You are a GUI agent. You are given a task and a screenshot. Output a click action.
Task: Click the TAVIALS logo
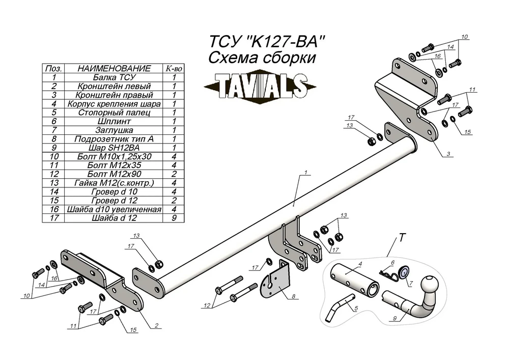point(260,87)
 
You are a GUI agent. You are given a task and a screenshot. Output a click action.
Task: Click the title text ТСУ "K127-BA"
point(267,42)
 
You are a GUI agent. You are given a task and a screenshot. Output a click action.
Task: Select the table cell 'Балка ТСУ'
point(114,77)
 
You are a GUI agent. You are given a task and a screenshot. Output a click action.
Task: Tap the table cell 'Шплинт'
point(114,121)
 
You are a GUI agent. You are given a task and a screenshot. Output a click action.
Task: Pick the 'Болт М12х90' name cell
point(114,174)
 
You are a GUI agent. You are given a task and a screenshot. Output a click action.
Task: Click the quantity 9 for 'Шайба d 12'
point(174,218)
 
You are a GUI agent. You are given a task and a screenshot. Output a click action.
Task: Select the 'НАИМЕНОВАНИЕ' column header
point(114,69)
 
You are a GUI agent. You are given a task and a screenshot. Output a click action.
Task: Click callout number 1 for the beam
point(306,173)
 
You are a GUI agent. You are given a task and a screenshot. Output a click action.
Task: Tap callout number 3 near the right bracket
point(448,154)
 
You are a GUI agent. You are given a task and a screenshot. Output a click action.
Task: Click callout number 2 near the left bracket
point(156,325)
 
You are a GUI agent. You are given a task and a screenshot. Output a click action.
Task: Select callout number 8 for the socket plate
point(294,296)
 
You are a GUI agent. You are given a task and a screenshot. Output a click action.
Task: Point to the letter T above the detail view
point(402,238)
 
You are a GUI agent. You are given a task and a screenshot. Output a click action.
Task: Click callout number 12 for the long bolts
point(207,306)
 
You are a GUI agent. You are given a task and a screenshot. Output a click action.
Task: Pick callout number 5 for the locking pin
point(356,308)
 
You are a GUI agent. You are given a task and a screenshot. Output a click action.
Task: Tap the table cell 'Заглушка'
point(114,130)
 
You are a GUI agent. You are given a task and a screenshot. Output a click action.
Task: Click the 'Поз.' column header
point(54,69)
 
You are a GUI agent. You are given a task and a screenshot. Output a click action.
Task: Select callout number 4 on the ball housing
point(360,264)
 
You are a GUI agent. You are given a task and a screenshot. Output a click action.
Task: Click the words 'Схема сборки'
point(262,58)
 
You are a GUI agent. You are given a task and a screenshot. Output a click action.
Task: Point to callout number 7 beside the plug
point(411,284)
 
